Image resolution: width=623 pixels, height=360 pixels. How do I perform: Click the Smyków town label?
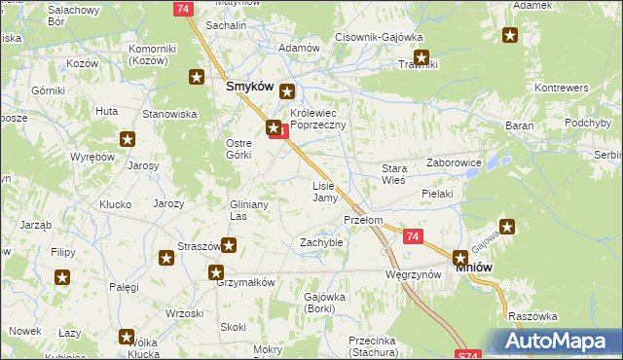(x=247, y=86)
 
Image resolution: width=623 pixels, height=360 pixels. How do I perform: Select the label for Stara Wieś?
(x=393, y=174)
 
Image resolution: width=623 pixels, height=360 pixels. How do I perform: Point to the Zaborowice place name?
(x=455, y=163)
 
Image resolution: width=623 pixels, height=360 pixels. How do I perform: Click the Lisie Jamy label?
(x=324, y=192)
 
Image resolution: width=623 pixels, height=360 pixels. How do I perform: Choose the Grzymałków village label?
(x=247, y=282)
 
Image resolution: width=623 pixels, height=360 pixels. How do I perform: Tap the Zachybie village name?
(x=322, y=241)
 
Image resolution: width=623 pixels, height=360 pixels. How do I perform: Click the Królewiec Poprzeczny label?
(x=325, y=120)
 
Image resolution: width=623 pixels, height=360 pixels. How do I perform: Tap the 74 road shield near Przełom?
(x=413, y=236)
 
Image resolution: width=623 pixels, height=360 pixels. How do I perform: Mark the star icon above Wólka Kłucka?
(x=127, y=338)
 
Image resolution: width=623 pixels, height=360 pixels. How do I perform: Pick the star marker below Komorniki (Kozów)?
(x=197, y=77)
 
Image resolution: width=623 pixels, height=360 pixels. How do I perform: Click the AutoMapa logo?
(x=556, y=342)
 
